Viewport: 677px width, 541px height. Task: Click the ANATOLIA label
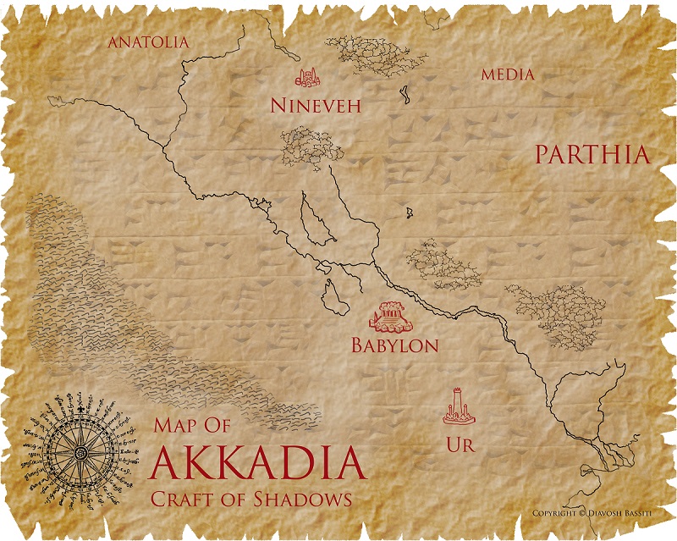(x=146, y=41)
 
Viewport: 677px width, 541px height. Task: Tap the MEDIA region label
(x=508, y=75)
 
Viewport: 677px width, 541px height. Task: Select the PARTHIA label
(x=592, y=154)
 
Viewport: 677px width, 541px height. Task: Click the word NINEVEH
(x=316, y=106)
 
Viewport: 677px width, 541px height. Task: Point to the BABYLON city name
(x=394, y=345)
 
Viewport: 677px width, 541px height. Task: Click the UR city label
(x=458, y=444)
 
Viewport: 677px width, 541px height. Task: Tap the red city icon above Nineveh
(x=308, y=78)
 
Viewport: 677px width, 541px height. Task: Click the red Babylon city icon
(x=391, y=316)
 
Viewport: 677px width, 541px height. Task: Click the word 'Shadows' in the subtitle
(x=308, y=499)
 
